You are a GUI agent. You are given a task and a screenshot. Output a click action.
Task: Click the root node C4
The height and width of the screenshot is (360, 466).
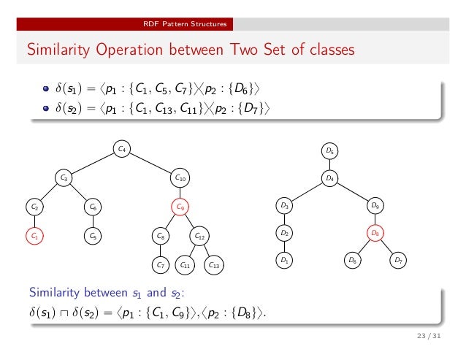point(123,150)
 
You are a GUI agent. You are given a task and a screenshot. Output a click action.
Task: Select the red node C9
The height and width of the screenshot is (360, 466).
point(181,207)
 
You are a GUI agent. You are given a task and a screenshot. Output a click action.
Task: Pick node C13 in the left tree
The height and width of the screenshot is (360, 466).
point(213,265)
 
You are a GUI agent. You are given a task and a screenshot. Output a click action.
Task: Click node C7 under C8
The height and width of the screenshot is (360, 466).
point(160,265)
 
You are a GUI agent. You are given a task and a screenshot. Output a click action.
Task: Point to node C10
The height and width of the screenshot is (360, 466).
point(181,177)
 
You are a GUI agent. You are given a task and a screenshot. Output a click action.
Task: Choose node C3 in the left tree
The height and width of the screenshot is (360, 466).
point(64,177)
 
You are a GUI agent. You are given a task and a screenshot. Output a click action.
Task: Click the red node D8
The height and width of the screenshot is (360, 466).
point(375,234)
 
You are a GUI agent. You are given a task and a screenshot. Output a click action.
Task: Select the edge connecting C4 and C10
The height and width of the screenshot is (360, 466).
point(152,164)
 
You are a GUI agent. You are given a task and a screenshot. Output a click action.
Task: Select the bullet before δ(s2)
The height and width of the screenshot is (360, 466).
point(46,108)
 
